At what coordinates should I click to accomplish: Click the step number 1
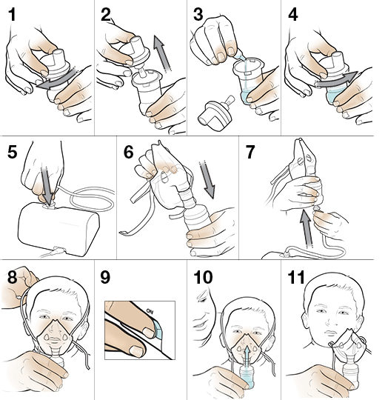(12, 15)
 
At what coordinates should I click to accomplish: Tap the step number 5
(12, 152)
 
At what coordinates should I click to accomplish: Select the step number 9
(105, 277)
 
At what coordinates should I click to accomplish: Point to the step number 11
(296, 277)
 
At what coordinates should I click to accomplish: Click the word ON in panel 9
(150, 311)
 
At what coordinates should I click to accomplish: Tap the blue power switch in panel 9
(158, 330)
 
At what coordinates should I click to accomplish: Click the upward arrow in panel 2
(161, 54)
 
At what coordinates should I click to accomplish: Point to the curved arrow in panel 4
(336, 80)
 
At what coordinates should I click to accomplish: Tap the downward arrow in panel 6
(207, 179)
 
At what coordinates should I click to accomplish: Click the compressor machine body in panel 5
(58, 229)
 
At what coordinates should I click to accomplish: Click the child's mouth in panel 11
(330, 333)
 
